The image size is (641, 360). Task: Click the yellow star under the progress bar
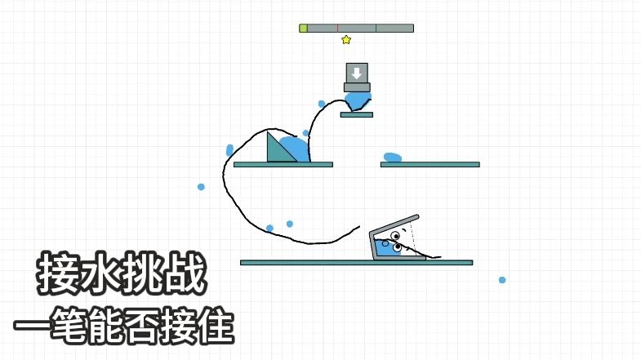click(346, 40)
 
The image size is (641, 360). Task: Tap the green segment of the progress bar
click(303, 29)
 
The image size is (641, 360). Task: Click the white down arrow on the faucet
click(357, 73)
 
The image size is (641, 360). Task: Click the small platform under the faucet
click(357, 115)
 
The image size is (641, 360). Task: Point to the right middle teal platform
click(430, 165)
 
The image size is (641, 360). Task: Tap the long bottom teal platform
click(357, 263)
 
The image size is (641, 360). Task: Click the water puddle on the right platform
click(393, 158)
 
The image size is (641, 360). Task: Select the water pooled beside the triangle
click(295, 149)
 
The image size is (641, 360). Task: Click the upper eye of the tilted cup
click(395, 236)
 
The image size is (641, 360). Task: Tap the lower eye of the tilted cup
click(397, 247)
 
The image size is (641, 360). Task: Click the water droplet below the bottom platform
click(502, 280)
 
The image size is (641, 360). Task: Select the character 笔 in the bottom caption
click(76, 326)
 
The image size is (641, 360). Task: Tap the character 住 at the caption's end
click(211, 326)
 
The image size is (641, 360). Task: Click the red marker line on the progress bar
click(338, 29)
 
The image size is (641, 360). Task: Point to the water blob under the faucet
click(358, 100)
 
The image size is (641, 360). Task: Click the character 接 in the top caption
click(58, 273)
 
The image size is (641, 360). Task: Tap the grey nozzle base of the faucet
click(357, 87)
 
